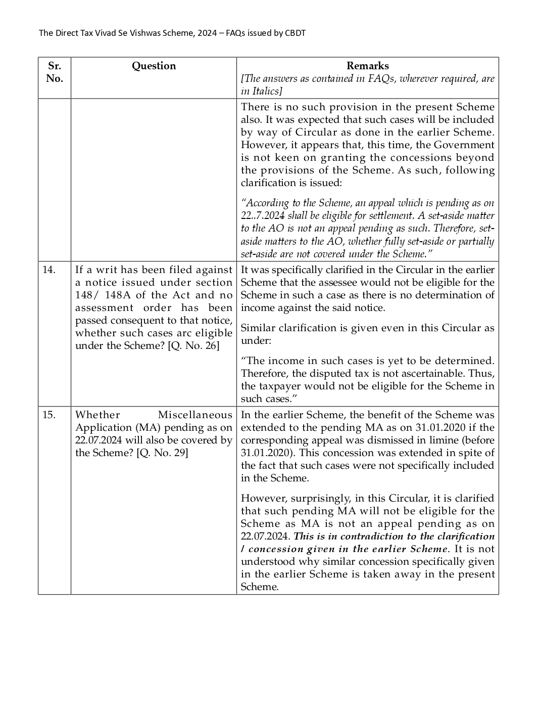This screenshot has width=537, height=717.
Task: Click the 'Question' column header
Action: tap(154, 66)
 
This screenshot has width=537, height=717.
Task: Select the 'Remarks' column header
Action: tap(367, 66)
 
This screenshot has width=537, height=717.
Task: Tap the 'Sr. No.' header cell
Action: tap(54, 72)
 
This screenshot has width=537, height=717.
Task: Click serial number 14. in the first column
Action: tap(48, 270)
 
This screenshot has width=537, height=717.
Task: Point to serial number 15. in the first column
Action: tap(48, 415)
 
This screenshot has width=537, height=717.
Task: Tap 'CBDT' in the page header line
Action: tap(295, 33)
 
